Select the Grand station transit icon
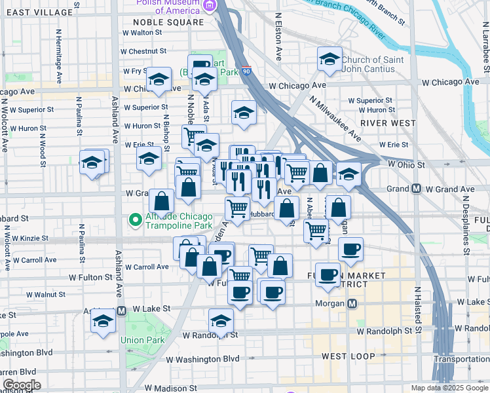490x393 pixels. (416, 189)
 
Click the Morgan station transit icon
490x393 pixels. (352, 304)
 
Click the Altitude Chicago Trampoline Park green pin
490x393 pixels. (136, 221)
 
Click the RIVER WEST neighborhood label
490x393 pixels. (387, 123)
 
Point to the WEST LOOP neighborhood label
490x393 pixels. (349, 357)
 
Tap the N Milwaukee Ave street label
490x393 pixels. (335, 119)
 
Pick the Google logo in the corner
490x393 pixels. (21, 385)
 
